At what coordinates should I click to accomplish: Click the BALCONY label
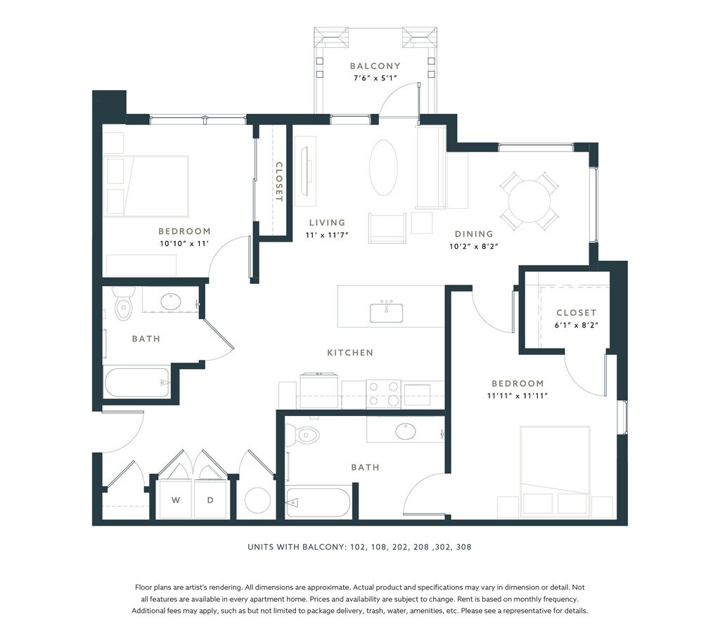[x=375, y=66]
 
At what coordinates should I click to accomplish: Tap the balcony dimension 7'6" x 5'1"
[x=375, y=78]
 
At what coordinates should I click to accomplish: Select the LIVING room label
[x=327, y=223]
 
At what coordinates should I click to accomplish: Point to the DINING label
[x=474, y=234]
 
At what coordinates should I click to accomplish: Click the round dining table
[x=529, y=201]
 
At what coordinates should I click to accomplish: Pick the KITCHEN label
[x=350, y=353]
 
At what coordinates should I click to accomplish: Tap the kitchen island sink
[x=387, y=312]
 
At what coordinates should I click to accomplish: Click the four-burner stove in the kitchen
[x=384, y=394]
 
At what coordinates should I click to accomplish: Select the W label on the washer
[x=176, y=500]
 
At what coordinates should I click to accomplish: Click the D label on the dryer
[x=210, y=500]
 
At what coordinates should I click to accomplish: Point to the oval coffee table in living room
[x=383, y=168]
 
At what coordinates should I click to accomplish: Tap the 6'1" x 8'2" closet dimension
[x=577, y=325]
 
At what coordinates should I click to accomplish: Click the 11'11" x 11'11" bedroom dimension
[x=517, y=396]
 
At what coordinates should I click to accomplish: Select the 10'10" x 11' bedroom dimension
[x=184, y=244]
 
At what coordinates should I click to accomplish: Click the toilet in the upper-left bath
[x=124, y=304]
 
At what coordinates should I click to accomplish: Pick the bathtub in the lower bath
[x=319, y=502]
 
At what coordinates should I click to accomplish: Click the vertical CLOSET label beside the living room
[x=278, y=182]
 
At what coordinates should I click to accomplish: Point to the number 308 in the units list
[x=464, y=547]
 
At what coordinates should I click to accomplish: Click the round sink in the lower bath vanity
[x=406, y=431]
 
